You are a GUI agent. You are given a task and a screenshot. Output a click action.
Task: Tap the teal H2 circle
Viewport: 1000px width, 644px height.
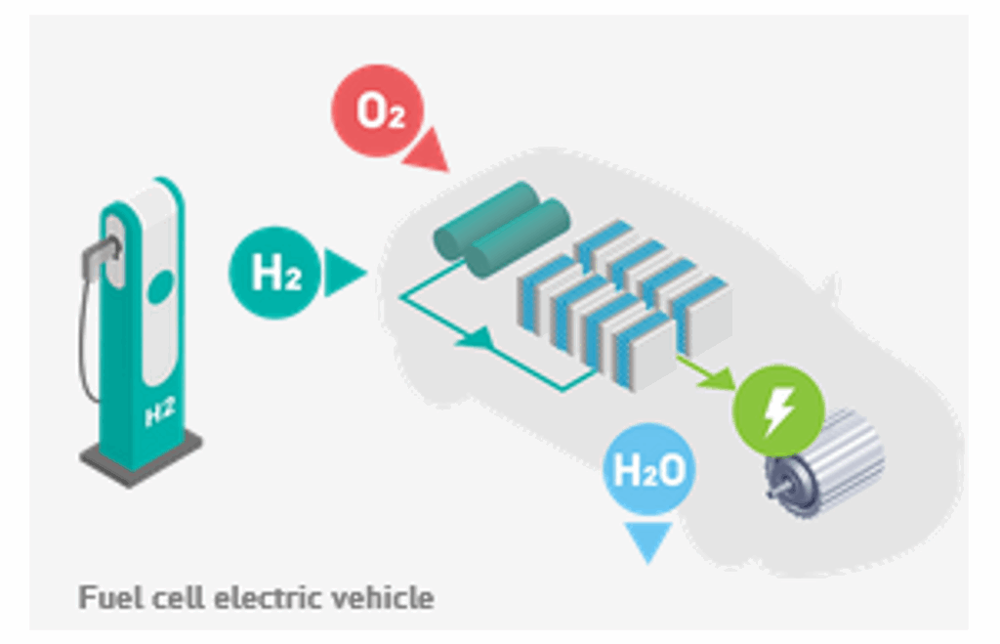[275, 273]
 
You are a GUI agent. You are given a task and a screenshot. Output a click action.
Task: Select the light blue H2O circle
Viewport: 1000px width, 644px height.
[648, 469]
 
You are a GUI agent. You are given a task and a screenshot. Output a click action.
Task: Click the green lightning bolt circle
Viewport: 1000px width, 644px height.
[778, 410]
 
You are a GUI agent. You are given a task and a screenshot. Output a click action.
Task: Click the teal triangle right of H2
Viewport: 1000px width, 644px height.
[343, 273]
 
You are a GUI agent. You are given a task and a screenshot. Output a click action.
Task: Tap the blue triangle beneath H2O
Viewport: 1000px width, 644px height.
[648, 540]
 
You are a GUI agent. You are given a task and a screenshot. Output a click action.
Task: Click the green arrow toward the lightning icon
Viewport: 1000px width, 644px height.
[707, 372]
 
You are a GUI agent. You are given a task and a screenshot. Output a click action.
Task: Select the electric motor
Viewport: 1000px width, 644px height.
[826, 461]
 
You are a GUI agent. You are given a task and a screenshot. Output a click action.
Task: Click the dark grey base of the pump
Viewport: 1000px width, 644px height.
[141, 457]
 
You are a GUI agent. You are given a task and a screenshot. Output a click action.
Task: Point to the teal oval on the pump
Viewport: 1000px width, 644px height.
[161, 286]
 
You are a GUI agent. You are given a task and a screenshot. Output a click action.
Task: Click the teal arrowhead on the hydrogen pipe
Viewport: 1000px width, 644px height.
[477, 338]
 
